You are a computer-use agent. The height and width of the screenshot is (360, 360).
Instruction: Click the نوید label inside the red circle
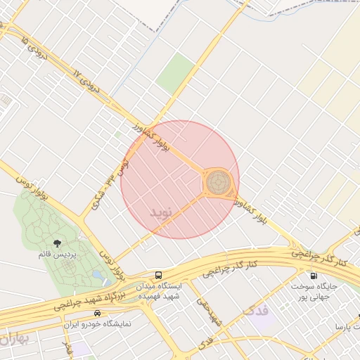tap(161, 212)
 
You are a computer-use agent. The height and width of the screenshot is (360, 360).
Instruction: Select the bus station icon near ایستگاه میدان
tap(158, 276)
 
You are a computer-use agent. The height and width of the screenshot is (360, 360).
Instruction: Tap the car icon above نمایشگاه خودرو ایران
tap(97, 313)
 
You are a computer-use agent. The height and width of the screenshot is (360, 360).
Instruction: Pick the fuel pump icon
tap(312, 276)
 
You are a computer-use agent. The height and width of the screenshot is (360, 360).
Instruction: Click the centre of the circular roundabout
tap(217, 183)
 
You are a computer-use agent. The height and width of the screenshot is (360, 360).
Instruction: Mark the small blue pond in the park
tap(97, 275)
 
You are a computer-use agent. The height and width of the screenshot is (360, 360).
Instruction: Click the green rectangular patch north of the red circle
tap(176, 74)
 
